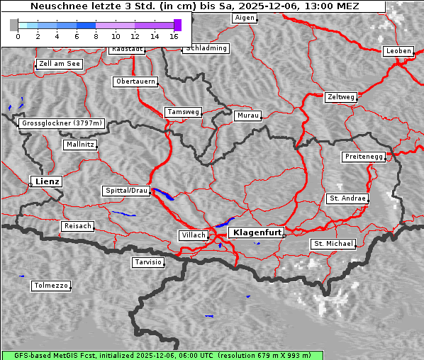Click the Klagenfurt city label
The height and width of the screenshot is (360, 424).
[257, 232]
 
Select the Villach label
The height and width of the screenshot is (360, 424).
[193, 235]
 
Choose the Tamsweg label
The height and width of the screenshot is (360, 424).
[184, 112]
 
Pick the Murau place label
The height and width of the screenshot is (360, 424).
[248, 115]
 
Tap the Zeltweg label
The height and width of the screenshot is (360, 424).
[341, 96]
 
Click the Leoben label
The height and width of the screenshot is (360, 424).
[398, 51]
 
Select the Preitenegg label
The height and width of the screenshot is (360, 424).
[364, 156]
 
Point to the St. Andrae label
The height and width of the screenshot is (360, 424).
[347, 198]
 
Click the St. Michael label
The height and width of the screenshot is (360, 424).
[333, 244]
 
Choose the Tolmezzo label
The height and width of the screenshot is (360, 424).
[51, 286]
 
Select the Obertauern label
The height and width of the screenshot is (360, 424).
[135, 81]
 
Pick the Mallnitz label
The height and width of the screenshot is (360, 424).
[79, 144]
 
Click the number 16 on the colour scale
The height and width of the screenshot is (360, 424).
[174, 35]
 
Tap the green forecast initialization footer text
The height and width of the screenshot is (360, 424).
[212, 355]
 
